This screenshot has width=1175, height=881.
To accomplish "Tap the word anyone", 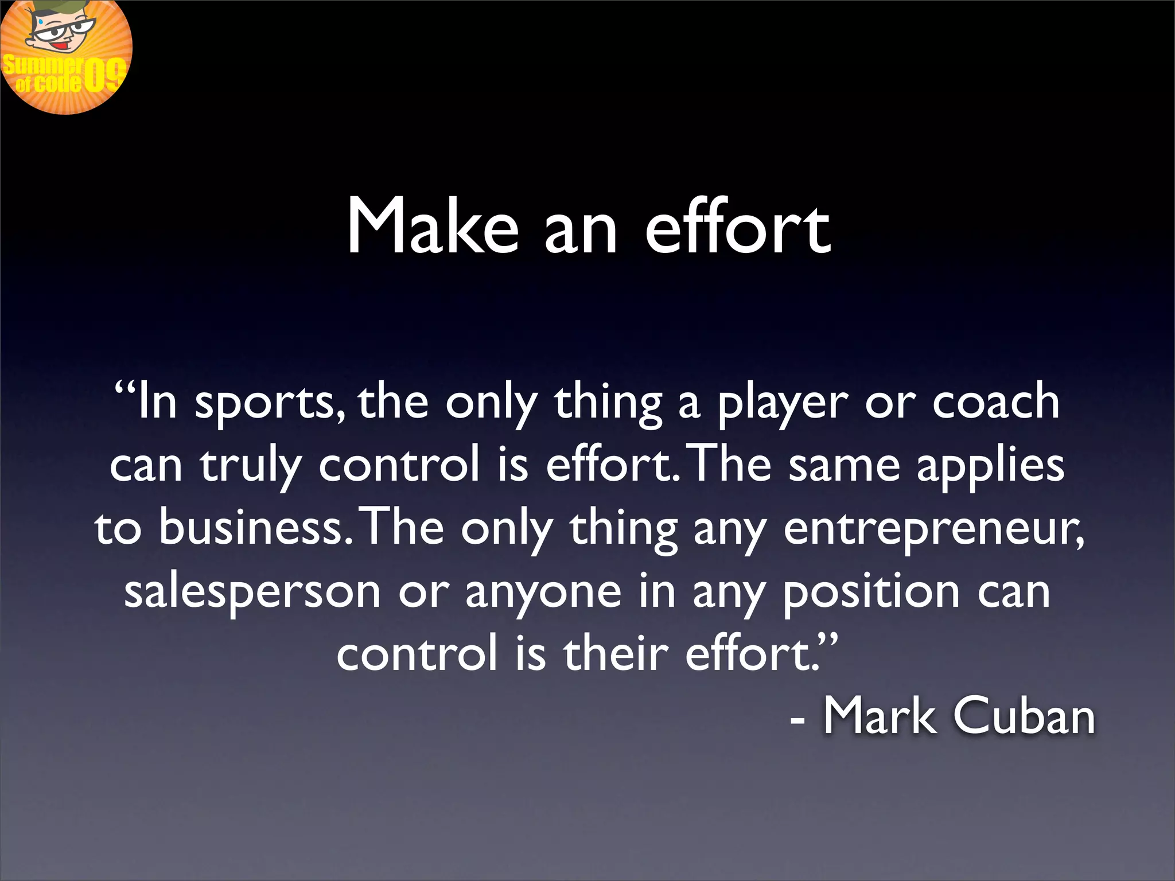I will click(543, 592).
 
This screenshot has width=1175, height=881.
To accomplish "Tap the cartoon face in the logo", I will click(57, 32).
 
